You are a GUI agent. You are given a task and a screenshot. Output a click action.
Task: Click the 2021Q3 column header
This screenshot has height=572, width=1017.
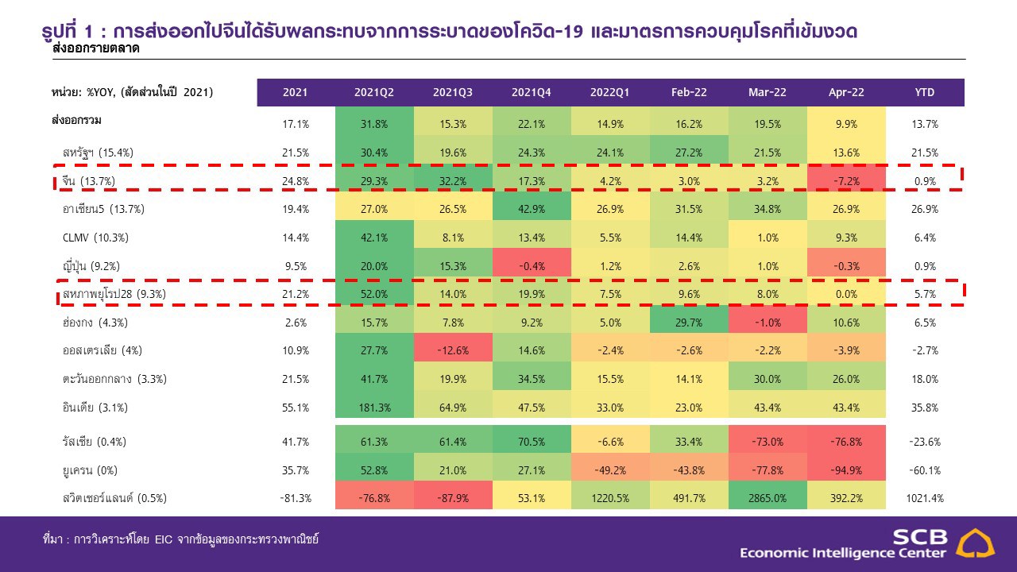tap(453, 92)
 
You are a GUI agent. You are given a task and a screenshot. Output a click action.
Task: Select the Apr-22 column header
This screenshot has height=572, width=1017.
tap(846, 92)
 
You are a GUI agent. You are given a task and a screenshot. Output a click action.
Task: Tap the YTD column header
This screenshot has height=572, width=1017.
tap(925, 92)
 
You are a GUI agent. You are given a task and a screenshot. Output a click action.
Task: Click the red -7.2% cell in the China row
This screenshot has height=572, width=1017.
tap(846, 181)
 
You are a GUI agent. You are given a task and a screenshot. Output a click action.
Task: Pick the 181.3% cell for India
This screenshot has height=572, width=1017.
tap(374, 408)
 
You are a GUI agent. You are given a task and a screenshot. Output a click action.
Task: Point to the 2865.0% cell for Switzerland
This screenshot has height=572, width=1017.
tap(768, 498)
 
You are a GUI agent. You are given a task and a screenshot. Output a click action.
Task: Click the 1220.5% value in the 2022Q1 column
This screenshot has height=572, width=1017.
tap(610, 498)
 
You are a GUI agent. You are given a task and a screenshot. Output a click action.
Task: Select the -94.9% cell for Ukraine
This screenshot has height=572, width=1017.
tap(846, 470)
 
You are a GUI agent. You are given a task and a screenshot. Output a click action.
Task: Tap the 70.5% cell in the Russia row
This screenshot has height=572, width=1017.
tap(532, 441)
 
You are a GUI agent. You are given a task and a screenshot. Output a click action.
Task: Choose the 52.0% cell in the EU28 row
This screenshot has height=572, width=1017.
tap(374, 294)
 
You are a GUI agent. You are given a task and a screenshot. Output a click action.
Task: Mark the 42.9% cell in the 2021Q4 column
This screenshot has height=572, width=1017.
tap(532, 210)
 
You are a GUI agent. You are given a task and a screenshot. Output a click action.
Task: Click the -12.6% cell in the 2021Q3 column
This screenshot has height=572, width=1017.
tap(453, 350)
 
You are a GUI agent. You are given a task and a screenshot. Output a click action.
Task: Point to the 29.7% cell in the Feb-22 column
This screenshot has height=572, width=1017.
tap(689, 323)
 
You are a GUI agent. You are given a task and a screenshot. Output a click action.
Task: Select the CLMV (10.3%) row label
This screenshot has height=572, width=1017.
tap(94, 238)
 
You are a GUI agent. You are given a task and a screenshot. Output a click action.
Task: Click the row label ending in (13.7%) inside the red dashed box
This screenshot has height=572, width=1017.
tap(89, 181)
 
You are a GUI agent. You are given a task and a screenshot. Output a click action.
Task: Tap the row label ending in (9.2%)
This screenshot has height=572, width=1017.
tap(91, 266)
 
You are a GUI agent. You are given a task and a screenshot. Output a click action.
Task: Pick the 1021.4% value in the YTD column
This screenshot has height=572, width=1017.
tap(925, 498)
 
